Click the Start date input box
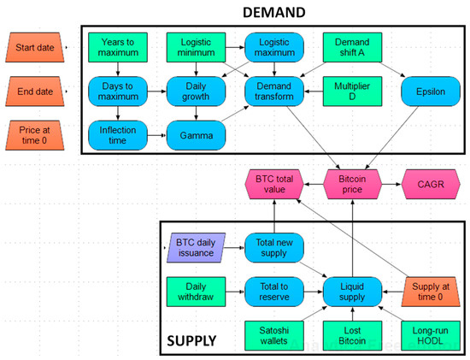coord(33,48)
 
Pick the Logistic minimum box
coord(196,48)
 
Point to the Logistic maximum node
coord(273,48)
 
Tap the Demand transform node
coord(273,90)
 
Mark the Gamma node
coord(196,134)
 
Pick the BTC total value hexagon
coord(273,183)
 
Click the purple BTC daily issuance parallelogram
coord(196,246)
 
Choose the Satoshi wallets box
coord(273,333)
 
